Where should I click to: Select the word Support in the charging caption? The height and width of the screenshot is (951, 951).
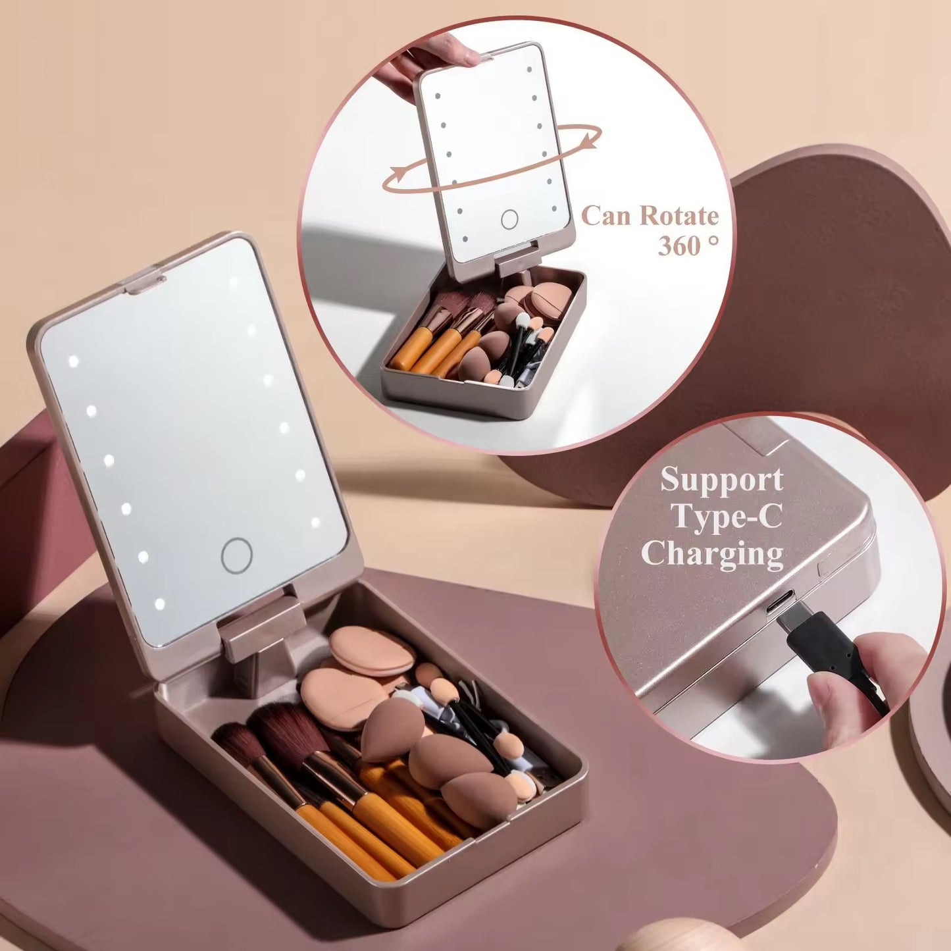tap(721, 479)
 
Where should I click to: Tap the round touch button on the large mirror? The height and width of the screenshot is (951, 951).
tap(236, 555)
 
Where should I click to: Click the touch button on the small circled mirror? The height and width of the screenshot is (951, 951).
tap(509, 219)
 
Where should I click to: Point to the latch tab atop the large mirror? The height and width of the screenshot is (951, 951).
tap(142, 280)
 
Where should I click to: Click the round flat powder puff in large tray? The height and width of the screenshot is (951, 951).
tap(371, 650)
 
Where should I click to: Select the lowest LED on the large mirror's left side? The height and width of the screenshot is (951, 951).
tap(159, 602)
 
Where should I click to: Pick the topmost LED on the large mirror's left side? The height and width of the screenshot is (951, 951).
tap(73, 361)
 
